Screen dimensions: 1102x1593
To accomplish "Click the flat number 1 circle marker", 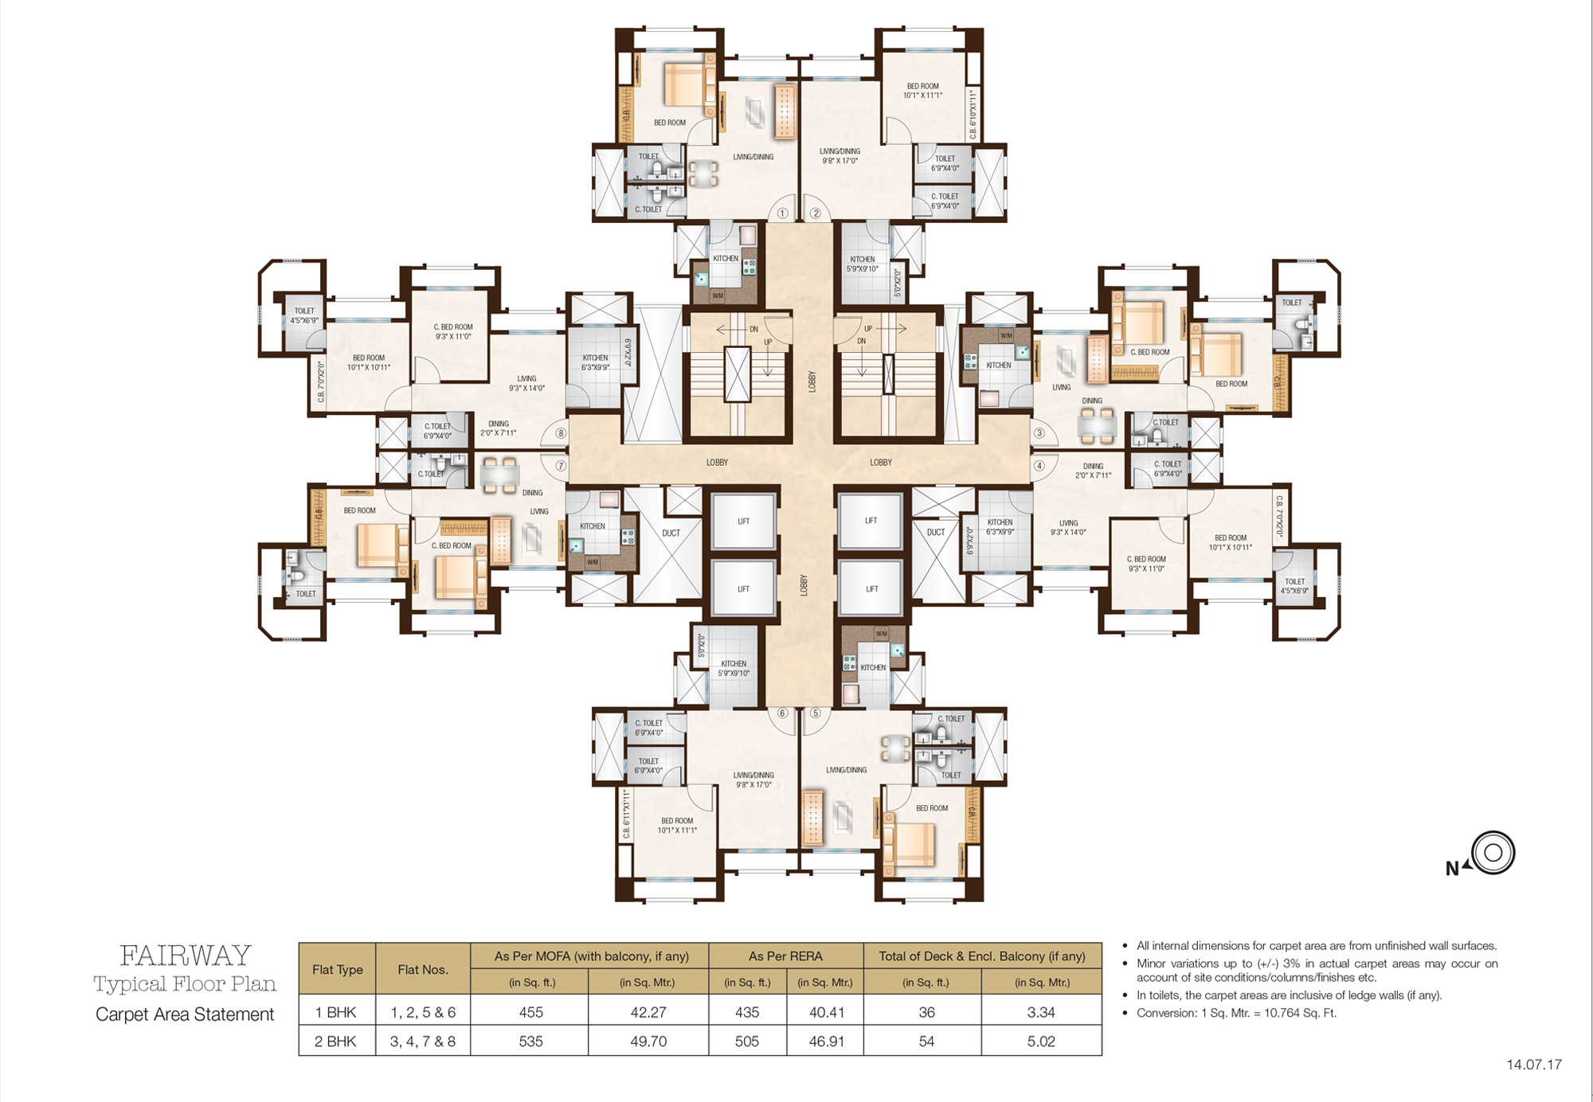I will [x=782, y=213].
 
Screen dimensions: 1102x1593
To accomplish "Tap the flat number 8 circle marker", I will [x=561, y=434].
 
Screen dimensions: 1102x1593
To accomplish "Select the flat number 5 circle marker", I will [x=815, y=713].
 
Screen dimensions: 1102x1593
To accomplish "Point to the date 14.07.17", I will [x=1533, y=1065].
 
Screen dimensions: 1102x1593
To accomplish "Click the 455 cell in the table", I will [x=530, y=1012].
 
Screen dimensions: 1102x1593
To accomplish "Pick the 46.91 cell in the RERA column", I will [x=826, y=1041].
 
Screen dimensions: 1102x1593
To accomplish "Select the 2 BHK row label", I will [x=335, y=1041].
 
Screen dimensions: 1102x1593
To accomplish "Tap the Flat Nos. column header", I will [x=423, y=969].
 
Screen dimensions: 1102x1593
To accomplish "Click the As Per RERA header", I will [x=785, y=956].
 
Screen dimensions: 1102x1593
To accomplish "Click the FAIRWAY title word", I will [x=186, y=955].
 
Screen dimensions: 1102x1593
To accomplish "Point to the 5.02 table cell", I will [x=1041, y=1041].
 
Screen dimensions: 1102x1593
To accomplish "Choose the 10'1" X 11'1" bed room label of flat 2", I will [x=922, y=91].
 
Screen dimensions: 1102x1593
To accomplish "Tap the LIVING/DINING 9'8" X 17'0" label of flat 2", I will [x=840, y=156].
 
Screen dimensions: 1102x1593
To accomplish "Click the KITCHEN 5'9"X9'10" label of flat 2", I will [x=862, y=264].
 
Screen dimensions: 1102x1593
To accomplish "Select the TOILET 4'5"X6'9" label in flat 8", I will [x=304, y=315].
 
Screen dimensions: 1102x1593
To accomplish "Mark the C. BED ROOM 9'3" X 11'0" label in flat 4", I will [x=1146, y=564].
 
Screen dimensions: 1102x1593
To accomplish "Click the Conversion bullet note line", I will [x=1236, y=1014].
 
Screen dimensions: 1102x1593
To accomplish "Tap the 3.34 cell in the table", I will [x=1041, y=1012].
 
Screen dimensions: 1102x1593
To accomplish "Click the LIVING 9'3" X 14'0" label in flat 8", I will [x=526, y=383].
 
